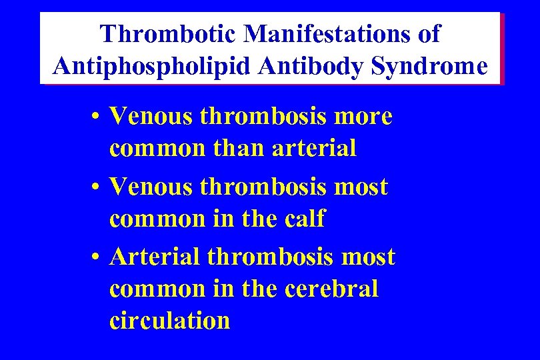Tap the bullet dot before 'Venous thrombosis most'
pyautogui.click(x=97, y=189)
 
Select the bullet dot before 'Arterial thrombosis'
pyautogui.click(x=97, y=258)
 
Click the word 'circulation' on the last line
pyautogui.click(x=169, y=321)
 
